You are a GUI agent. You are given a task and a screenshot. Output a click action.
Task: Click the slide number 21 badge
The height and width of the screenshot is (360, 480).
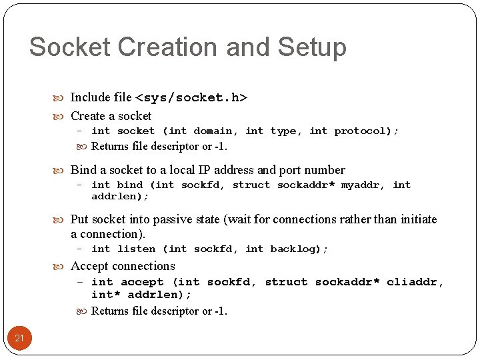(19, 338)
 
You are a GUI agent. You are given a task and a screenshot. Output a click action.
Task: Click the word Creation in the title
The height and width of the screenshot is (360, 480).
(153, 47)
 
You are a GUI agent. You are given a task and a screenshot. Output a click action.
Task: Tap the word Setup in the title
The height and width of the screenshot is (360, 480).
(312, 47)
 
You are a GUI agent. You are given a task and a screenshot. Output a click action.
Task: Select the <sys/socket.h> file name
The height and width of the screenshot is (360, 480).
(191, 98)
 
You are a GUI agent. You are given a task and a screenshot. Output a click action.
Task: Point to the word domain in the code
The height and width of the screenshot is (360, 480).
(213, 131)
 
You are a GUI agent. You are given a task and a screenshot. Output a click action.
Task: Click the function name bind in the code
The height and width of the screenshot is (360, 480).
(129, 185)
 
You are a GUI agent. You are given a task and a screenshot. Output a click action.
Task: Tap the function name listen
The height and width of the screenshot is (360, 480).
(136, 249)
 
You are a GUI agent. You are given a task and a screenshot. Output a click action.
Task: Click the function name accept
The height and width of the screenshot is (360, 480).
(142, 282)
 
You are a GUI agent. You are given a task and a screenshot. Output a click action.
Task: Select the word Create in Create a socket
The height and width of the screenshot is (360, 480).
(87, 116)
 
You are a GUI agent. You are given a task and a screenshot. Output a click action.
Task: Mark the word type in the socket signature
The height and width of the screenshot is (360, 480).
(283, 131)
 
